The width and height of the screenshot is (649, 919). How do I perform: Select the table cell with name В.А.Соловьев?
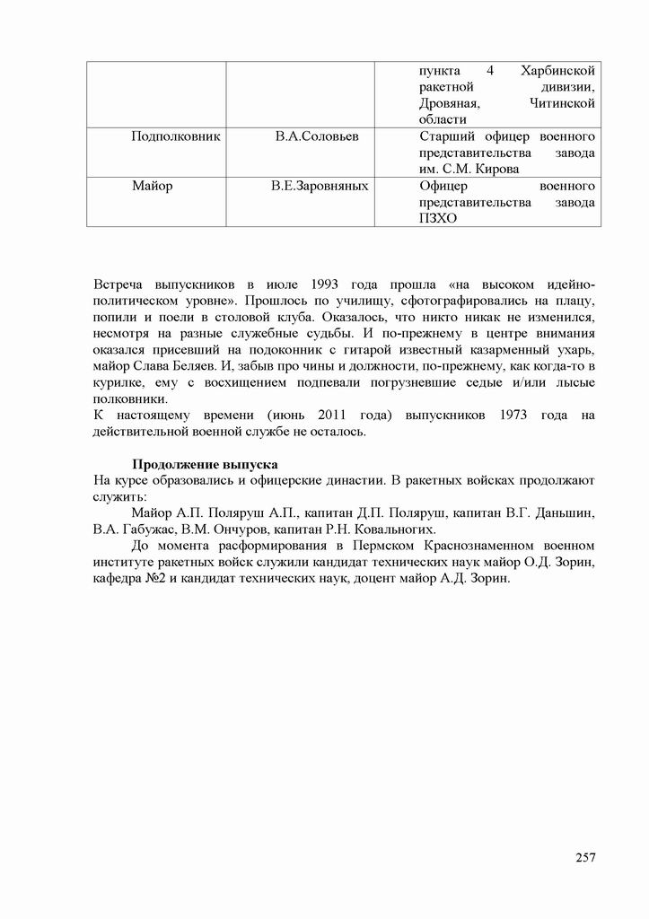click(x=317, y=136)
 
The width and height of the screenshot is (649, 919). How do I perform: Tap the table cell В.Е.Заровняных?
click(x=320, y=186)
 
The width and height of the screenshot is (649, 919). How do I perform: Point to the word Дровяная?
click(x=449, y=103)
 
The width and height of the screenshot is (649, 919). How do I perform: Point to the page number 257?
click(x=585, y=857)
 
